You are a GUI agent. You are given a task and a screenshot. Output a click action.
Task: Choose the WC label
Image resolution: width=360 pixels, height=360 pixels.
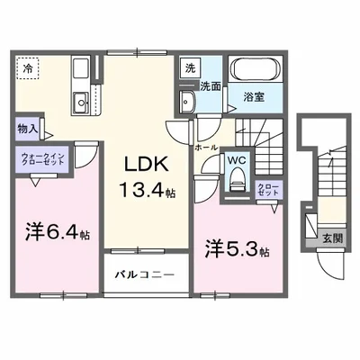coord(236,161)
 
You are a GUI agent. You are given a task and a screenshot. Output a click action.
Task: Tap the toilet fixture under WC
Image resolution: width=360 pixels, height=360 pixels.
coord(236,180)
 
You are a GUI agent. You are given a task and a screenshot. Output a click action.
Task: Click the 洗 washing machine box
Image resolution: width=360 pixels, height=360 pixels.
coord(190,67)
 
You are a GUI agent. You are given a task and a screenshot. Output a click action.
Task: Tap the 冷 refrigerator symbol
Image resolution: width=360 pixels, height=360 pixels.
coord(28,67)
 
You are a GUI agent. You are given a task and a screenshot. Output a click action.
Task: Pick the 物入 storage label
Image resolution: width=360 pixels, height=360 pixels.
coord(26,129)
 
